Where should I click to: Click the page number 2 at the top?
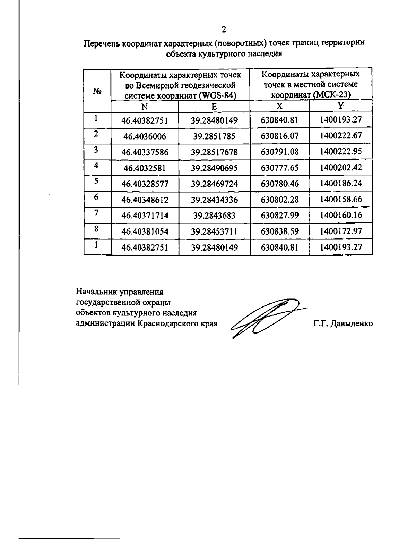pos(224,30)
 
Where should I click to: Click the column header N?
pos(145,107)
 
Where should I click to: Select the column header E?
pos(214,107)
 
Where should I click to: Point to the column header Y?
pos(341,106)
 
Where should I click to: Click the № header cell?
pos(97,91)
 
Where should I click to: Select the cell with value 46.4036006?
pos(145,136)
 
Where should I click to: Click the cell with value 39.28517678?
pos(214,152)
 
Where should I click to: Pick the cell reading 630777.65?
pos(279,168)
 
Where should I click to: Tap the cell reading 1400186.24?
pos(341,183)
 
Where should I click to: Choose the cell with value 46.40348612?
pos(145,200)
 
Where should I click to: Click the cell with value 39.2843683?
pos(214,216)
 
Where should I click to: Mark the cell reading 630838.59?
pos(279,231)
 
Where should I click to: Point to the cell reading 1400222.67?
pos(341,135)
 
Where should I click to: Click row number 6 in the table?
pos(96,197)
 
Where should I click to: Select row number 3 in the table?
pos(96,150)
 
